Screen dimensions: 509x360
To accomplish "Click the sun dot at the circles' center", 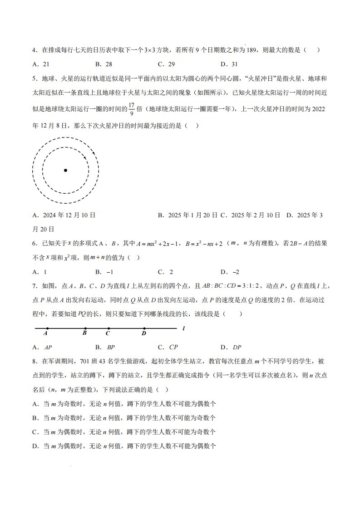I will pyautogui.click(x=66, y=170).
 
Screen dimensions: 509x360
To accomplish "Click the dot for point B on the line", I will pyautogui.click(x=85, y=328).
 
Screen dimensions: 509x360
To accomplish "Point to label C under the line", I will pyautogui.click(x=108, y=334).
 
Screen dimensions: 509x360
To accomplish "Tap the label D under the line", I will pyautogui.click(x=144, y=334).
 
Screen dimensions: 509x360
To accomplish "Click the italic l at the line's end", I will pyautogui.click(x=183, y=328).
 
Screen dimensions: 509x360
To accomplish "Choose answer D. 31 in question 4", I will pyautogui.click(x=229, y=64).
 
